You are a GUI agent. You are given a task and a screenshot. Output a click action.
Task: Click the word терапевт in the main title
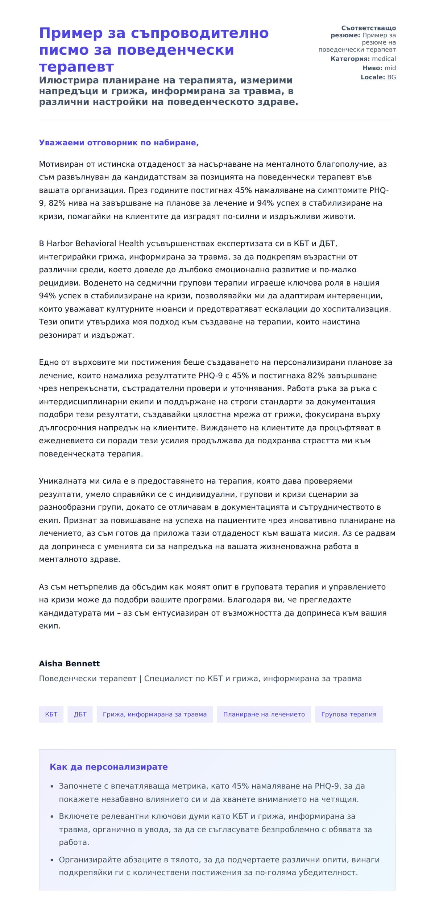76,67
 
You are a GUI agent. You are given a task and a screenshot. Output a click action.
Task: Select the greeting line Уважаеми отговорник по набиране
119,143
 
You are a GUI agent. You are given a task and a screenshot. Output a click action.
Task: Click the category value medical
384,59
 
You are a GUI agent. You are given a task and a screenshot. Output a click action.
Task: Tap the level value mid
390,68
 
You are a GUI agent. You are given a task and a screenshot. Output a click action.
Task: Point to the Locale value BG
391,77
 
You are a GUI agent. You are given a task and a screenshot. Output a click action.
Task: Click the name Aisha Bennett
69,663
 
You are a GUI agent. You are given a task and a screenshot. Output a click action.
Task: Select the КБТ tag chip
51,714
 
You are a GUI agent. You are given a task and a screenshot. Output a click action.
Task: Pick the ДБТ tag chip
80,714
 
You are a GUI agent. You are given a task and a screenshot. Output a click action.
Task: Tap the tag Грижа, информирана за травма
154,714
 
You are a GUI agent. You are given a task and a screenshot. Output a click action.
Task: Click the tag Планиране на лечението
264,714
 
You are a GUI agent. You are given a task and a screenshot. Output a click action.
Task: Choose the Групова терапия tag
349,714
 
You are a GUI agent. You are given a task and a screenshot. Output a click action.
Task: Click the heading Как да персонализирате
108,767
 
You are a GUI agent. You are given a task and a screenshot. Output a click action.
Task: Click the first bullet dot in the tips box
52,787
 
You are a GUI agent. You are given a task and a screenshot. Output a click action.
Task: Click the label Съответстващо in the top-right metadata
368,28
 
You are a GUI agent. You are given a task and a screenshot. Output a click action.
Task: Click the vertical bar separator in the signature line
140,679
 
